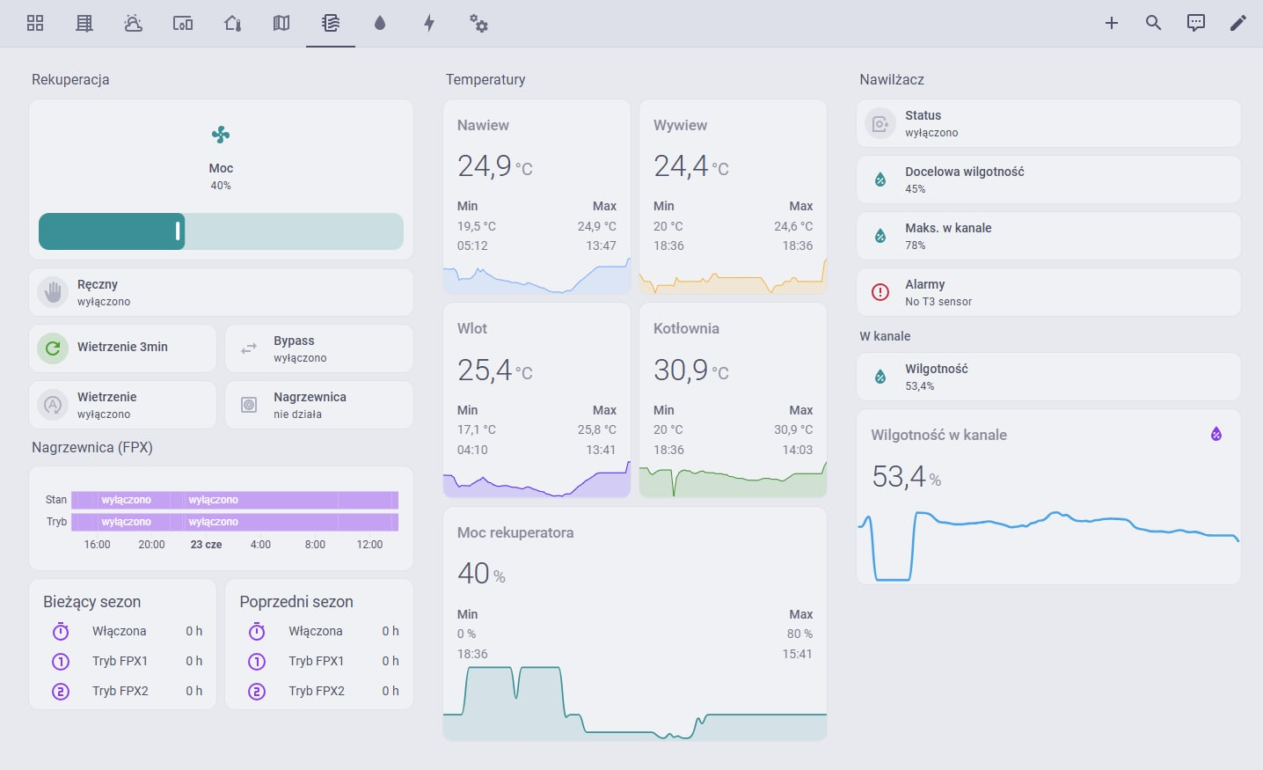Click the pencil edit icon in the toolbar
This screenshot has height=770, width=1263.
(x=1237, y=23)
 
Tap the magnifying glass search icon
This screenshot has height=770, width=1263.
(x=1153, y=23)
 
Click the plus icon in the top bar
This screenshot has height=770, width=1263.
(x=1112, y=23)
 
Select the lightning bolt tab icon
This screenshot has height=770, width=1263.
(x=429, y=23)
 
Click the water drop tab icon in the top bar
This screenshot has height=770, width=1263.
(x=380, y=23)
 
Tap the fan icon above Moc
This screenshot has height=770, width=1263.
(x=221, y=135)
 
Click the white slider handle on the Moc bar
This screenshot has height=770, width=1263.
(x=178, y=231)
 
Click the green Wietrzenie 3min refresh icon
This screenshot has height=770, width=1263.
(x=53, y=348)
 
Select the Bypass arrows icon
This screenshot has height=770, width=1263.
(x=249, y=348)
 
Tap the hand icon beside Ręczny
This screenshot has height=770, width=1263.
(x=53, y=292)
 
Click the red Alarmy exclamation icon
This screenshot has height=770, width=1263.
(x=880, y=291)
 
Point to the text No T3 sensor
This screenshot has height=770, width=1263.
(x=938, y=302)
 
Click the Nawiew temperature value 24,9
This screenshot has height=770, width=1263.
(x=485, y=166)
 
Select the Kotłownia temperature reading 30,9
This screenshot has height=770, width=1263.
(x=681, y=370)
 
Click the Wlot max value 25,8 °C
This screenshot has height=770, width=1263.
(x=596, y=429)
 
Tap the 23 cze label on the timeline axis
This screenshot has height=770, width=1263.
(x=206, y=545)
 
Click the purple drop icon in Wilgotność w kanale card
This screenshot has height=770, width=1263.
(x=1216, y=434)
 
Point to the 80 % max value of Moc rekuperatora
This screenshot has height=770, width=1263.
(x=799, y=634)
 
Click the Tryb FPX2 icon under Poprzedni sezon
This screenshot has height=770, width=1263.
(x=257, y=691)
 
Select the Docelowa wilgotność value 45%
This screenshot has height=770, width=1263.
(x=915, y=189)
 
